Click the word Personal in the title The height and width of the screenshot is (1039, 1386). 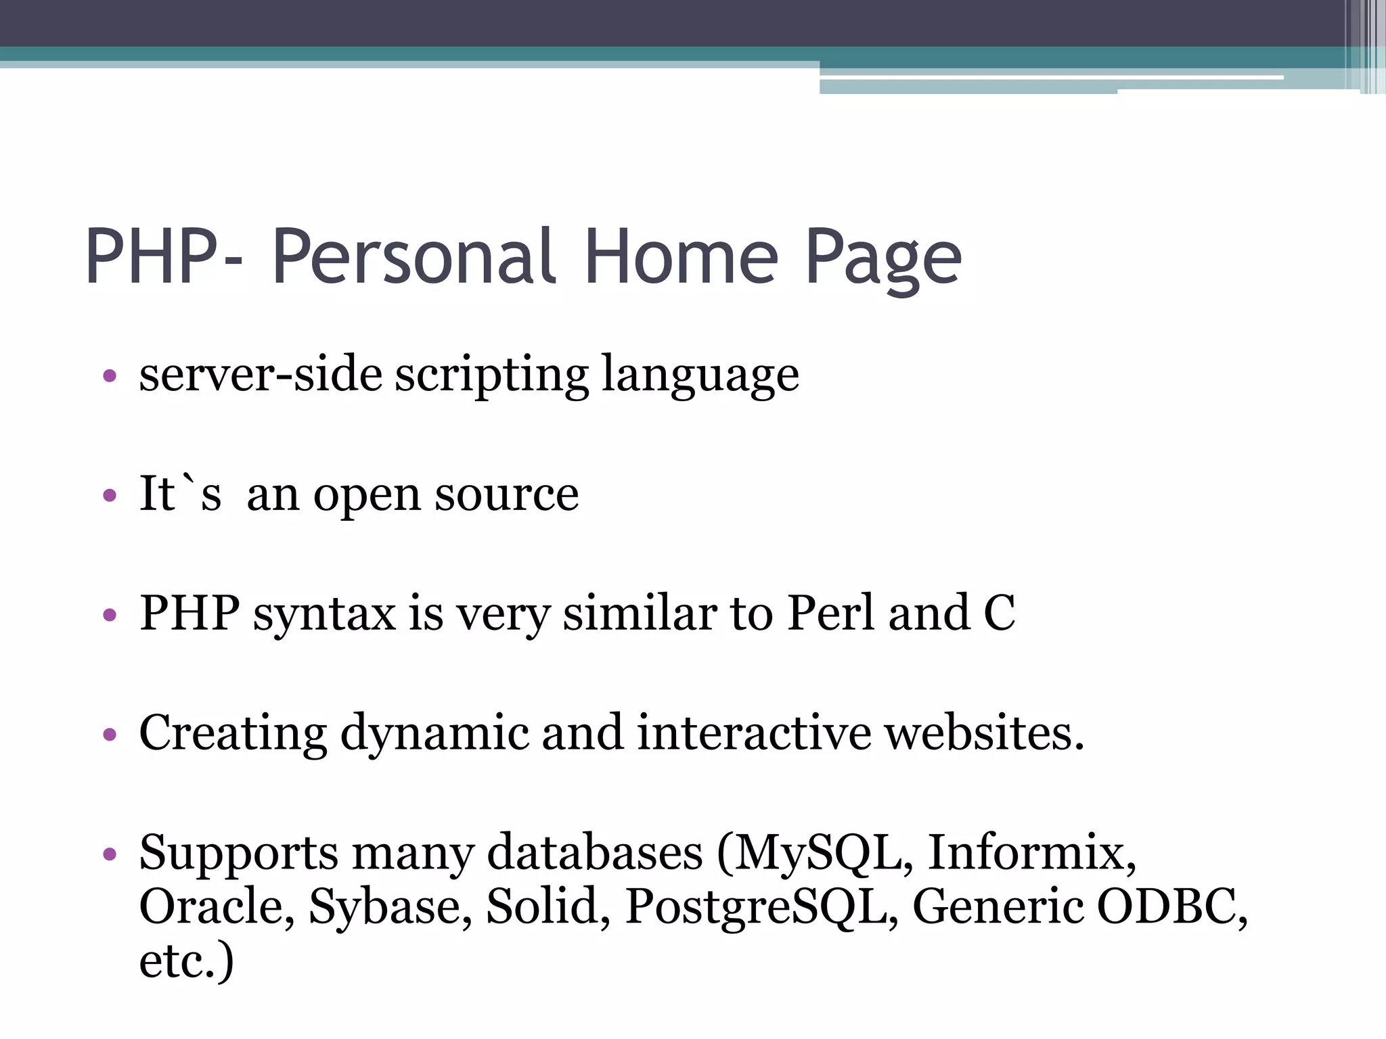pyautogui.click(x=415, y=257)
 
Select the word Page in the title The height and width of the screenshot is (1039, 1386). pyautogui.click(x=883, y=260)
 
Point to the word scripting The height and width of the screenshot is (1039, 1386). pyautogui.click(x=492, y=375)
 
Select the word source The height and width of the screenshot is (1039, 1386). pyautogui.click(x=507, y=496)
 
